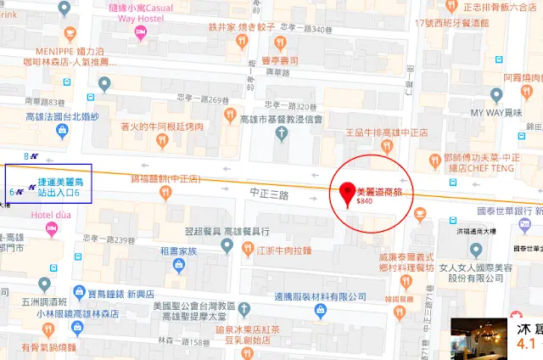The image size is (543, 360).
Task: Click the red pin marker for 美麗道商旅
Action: pyautogui.click(x=346, y=194)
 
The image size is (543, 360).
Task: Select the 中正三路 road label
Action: pyautogui.click(x=271, y=194)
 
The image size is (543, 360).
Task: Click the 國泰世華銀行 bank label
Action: pyautogui.click(x=509, y=210)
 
